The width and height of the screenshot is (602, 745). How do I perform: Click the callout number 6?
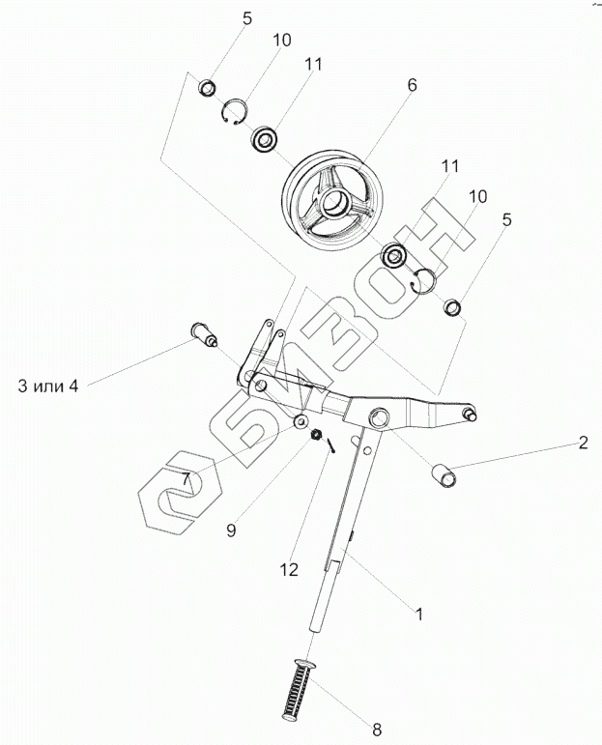(412, 86)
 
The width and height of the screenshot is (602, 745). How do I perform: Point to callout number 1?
(418, 613)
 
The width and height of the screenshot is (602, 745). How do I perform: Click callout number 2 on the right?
(583, 444)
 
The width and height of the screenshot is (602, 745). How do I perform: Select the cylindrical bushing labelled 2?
(443, 475)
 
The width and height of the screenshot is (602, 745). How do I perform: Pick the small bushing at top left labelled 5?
(206, 89)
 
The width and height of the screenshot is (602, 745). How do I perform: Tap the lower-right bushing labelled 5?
(451, 307)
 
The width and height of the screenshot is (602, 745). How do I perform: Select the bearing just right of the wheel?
(394, 257)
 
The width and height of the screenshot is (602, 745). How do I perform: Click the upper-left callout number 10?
(281, 41)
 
